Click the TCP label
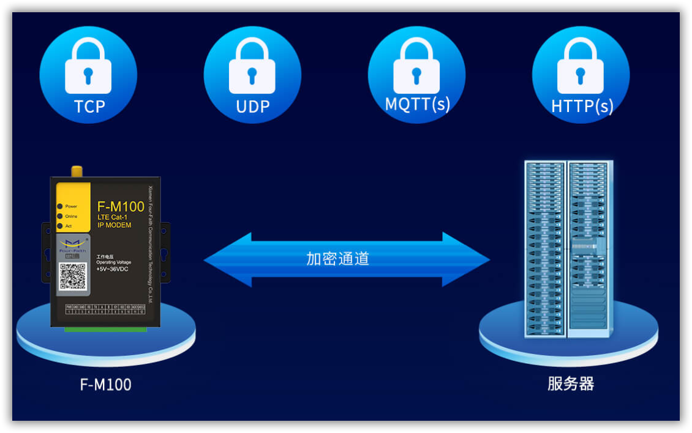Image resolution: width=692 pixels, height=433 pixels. pyautogui.click(x=89, y=107)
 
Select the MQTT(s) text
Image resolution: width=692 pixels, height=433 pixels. pyautogui.click(x=417, y=104)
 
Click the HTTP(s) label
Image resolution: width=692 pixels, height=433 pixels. pyautogui.click(x=582, y=107)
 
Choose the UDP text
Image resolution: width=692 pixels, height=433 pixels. pyautogui.click(x=252, y=107)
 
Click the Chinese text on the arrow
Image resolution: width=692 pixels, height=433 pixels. pyautogui.click(x=337, y=258)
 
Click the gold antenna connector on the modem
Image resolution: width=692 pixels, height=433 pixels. pyautogui.click(x=77, y=171)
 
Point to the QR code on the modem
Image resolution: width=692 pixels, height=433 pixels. pyautogui.click(x=72, y=276)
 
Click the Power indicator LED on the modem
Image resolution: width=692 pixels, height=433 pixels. pyautogui.click(x=59, y=206)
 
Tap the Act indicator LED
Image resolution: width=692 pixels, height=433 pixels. pyautogui.click(x=59, y=226)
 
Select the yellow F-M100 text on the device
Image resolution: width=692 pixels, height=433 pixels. pyautogui.click(x=121, y=207)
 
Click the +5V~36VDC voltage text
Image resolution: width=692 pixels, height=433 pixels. pyautogui.click(x=113, y=268)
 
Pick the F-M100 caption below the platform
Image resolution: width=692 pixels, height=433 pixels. pyautogui.click(x=105, y=385)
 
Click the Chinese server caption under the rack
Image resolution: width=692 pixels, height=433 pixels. pyautogui.click(x=570, y=384)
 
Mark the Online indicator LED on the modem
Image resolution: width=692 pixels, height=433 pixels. pyautogui.click(x=59, y=216)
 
